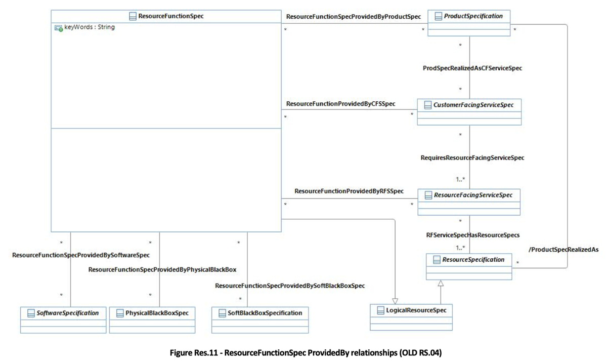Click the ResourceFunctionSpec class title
(171, 16)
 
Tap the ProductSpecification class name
(473, 16)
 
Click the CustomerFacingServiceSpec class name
(473, 105)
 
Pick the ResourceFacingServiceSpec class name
(473, 194)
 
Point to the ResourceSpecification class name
(473, 260)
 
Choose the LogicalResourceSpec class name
(416, 309)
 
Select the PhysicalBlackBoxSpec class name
(157, 313)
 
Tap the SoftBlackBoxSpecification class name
(265, 313)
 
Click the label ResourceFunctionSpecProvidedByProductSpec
(353, 17)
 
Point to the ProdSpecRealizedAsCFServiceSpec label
(472, 68)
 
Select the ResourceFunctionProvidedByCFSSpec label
(340, 104)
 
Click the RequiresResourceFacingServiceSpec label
(472, 157)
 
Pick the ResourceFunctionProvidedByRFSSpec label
(349, 191)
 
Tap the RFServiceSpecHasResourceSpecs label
(473, 234)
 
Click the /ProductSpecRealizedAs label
(563, 250)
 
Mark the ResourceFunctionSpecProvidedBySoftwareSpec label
(81, 255)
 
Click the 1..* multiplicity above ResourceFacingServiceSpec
(460, 180)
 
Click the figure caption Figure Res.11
(303, 352)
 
